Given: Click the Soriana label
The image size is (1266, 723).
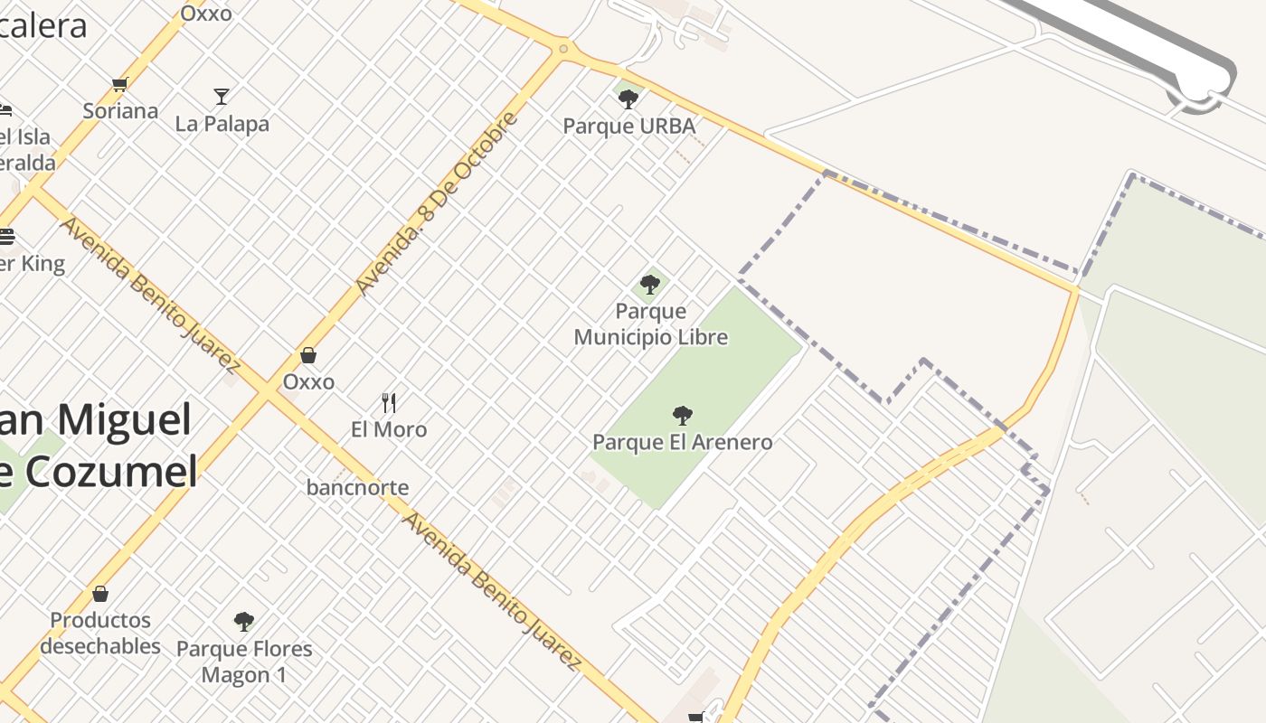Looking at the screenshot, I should click(120, 111).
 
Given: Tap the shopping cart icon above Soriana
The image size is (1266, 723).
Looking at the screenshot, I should click(119, 85).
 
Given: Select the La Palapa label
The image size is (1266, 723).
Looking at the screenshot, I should click(222, 123).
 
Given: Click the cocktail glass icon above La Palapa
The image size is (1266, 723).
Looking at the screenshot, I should click(222, 96).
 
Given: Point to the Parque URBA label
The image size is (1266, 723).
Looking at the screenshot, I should click(629, 126).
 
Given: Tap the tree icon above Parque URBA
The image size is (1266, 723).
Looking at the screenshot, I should click(628, 99).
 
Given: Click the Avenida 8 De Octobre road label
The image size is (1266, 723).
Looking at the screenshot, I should click(438, 203).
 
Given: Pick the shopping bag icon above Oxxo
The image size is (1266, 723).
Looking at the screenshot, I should click(308, 355).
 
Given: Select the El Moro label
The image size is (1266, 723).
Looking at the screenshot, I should click(389, 429).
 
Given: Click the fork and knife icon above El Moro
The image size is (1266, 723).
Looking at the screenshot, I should click(389, 402).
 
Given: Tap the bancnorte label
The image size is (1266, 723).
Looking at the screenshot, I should click(357, 488).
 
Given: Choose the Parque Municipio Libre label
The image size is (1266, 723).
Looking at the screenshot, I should click(650, 324).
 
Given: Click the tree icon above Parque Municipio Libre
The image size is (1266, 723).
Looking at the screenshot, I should click(649, 285).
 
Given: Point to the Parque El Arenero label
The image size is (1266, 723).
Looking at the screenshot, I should click(683, 442).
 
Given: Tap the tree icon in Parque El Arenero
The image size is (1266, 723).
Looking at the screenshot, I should click(683, 416).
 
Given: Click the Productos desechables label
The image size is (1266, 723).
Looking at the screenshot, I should click(100, 633).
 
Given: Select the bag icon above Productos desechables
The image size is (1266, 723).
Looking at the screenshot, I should click(100, 594).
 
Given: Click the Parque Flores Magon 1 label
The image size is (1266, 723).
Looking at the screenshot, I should click(244, 662).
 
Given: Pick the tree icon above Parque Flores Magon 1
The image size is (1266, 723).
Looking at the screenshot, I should click(243, 621).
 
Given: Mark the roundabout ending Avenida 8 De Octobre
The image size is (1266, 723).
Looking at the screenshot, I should click(564, 49).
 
